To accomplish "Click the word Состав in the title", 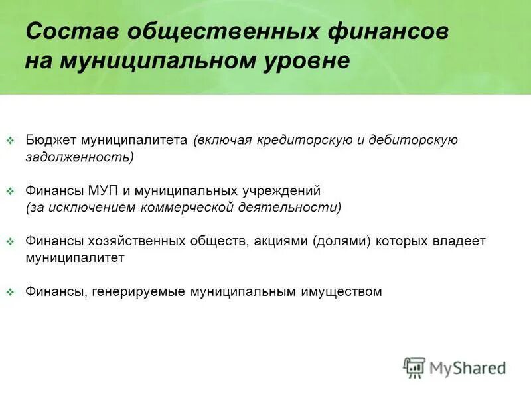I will pos(70,31).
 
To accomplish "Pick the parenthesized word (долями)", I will pos(341,241).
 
